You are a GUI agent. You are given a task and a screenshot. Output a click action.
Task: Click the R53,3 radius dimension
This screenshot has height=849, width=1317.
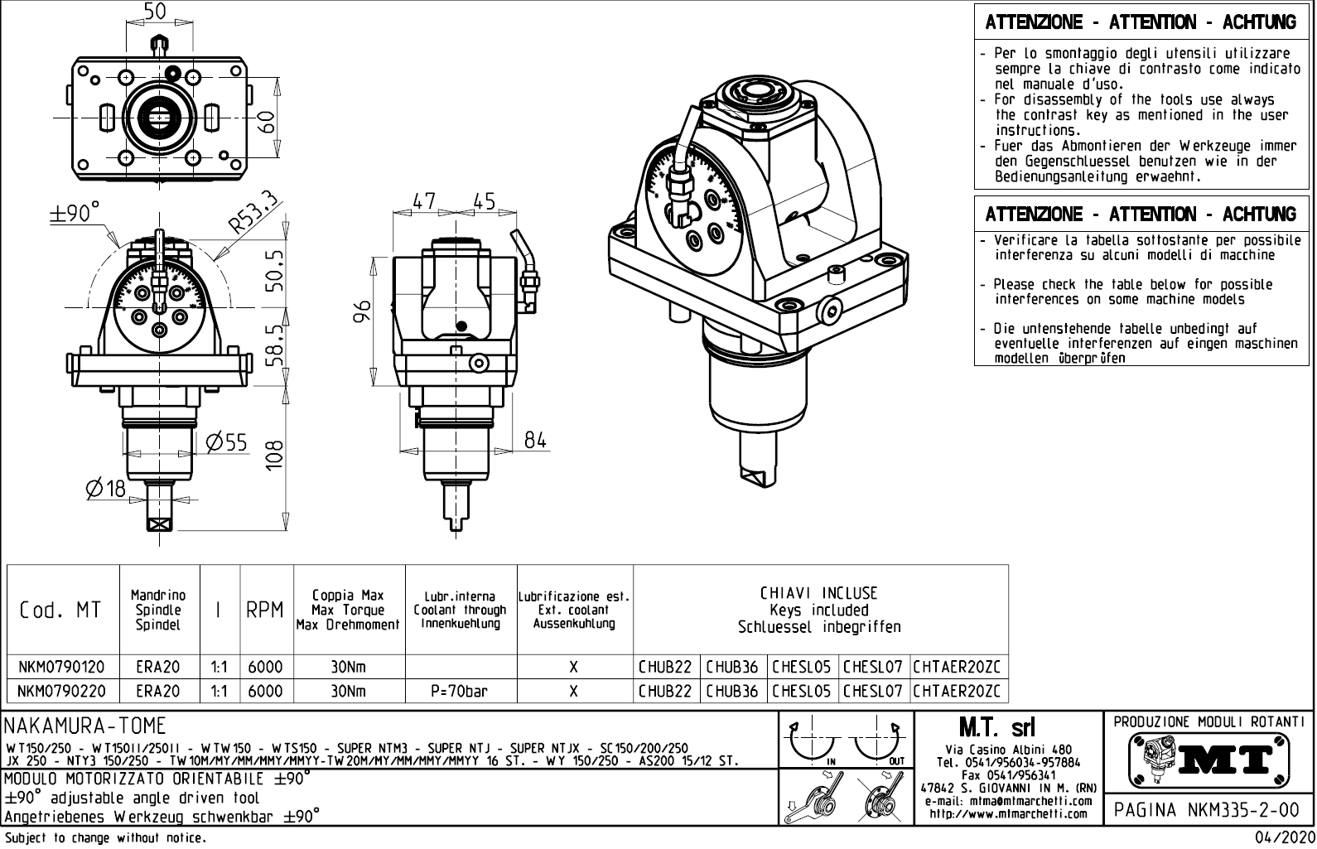255,212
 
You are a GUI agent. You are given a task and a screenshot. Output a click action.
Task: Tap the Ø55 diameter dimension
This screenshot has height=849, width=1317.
226,442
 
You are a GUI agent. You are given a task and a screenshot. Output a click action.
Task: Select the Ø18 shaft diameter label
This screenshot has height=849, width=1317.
105,489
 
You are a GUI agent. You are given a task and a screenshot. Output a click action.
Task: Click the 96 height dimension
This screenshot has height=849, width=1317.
361,313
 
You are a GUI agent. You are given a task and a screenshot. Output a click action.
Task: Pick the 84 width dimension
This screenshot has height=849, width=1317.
536,439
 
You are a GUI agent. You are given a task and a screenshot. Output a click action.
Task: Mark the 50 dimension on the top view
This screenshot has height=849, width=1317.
155,11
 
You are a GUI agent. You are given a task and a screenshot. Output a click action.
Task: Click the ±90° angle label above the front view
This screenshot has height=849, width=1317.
74,213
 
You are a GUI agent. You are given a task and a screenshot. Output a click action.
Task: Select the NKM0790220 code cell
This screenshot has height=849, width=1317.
61,691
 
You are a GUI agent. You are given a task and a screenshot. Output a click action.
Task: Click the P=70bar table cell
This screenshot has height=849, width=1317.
459,691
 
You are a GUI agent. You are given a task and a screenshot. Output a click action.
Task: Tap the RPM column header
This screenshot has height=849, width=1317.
265,610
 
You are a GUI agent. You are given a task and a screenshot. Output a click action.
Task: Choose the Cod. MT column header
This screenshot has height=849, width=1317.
60,610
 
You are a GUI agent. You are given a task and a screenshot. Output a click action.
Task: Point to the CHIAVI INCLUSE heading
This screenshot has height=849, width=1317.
818,593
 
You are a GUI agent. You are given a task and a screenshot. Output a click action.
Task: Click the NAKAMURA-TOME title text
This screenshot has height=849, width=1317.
85,726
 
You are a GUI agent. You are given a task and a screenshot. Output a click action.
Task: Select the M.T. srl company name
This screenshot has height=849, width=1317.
996,728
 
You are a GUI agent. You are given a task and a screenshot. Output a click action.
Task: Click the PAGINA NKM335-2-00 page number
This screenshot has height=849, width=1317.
1208,809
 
